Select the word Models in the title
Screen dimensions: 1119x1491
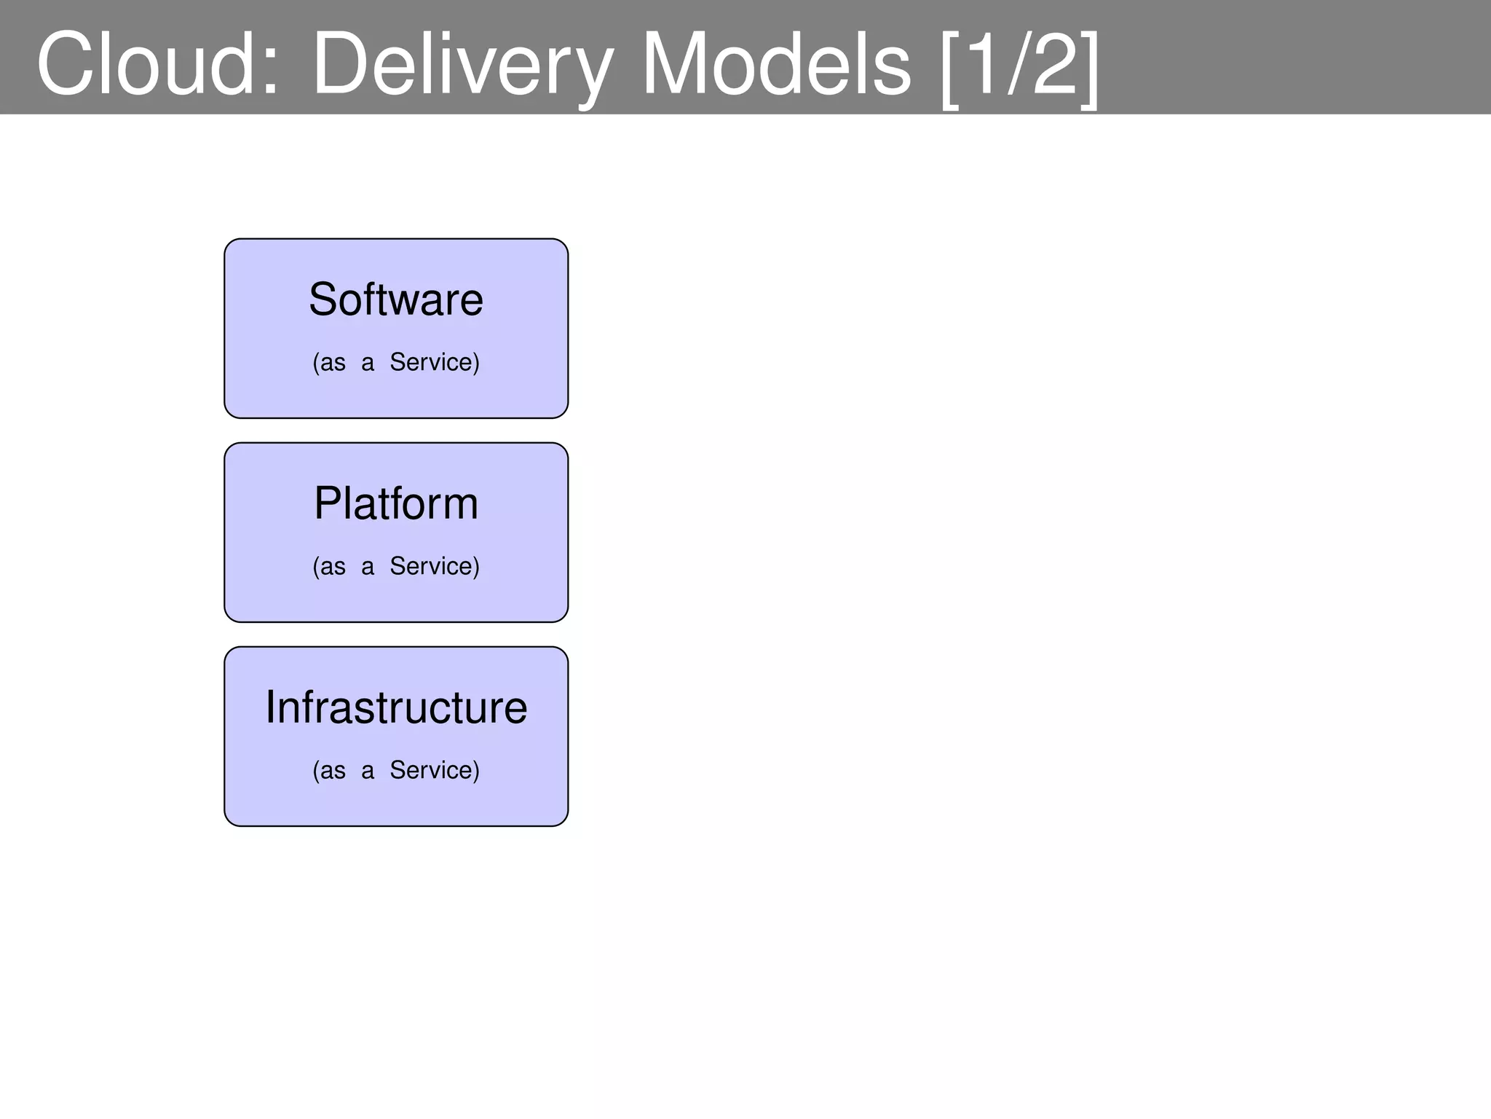coord(775,64)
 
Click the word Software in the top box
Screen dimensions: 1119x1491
coord(396,299)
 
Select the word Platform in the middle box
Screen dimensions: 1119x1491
coord(396,503)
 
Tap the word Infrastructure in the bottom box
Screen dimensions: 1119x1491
coord(396,707)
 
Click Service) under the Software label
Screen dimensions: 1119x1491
coord(435,362)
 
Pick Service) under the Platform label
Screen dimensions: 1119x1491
coord(435,566)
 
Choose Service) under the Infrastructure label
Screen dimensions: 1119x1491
coord(435,770)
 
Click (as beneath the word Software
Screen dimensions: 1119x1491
coord(329,362)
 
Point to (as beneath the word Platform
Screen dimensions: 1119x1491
coord(329,566)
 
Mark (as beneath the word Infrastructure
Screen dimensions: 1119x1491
coord(329,770)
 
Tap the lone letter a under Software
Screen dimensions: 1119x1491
coord(368,363)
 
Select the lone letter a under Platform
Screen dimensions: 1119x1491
coord(368,567)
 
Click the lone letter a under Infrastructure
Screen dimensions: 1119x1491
coord(368,771)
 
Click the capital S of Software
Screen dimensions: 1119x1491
coord(323,299)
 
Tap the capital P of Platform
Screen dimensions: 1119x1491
coord(327,503)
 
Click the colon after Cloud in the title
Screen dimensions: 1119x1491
coord(271,73)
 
